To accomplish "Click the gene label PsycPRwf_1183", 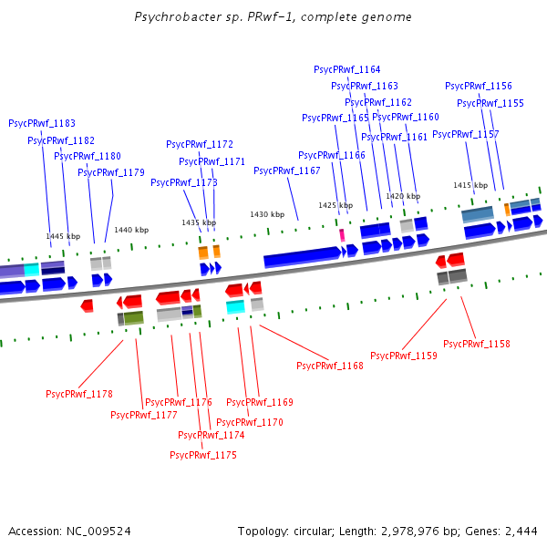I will (42, 123).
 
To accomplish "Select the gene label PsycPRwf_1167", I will (287, 170).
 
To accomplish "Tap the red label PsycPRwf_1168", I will (330, 366).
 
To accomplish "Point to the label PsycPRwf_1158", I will (477, 344).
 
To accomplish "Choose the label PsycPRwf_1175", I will (203, 454).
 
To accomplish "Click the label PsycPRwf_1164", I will (347, 69).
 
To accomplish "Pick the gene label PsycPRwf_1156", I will (479, 86).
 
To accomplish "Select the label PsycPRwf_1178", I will (79, 394).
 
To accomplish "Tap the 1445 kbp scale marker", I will (63, 236).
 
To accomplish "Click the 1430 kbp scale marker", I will (267, 214).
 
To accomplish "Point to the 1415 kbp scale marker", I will (470, 185).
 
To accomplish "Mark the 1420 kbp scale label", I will (403, 196).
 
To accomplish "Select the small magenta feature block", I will (342, 234).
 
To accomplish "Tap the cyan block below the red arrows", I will (235, 307).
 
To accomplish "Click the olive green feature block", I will (134, 317).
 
